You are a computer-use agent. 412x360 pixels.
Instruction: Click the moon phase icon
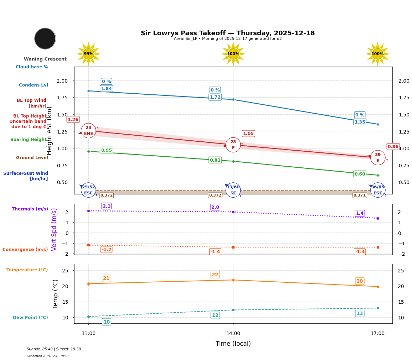pos(45,38)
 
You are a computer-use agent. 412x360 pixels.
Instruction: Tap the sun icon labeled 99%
pos(88,54)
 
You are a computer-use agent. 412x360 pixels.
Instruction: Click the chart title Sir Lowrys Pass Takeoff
pos(227,33)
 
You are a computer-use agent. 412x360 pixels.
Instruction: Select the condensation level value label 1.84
pos(106,89)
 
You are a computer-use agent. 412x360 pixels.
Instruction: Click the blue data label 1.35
pos(360,122)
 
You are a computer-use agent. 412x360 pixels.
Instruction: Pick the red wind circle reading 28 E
pos(233,145)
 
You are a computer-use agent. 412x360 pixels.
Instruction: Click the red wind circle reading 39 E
pos(378,158)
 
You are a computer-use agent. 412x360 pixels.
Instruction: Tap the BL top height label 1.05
pos(248,134)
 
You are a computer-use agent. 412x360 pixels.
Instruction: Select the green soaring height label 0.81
pos(215,160)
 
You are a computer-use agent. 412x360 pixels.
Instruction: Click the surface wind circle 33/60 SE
pos(233,190)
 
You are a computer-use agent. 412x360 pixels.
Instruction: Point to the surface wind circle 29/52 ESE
pos(88,190)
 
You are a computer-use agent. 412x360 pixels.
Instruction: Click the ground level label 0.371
pos(359,195)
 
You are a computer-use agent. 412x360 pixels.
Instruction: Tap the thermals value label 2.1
pos(107,206)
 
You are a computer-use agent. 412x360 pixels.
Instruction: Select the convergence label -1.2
pos(107,250)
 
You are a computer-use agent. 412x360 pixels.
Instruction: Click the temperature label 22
pos(215,275)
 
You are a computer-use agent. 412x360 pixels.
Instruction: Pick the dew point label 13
pos(360,313)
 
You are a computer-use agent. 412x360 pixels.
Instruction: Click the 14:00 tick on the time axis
pos(233,334)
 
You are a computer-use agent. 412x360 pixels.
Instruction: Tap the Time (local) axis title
pos(233,344)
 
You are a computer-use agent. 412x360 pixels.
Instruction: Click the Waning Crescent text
pos(45,59)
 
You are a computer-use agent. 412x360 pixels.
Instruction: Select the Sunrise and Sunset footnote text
pos(54,349)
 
